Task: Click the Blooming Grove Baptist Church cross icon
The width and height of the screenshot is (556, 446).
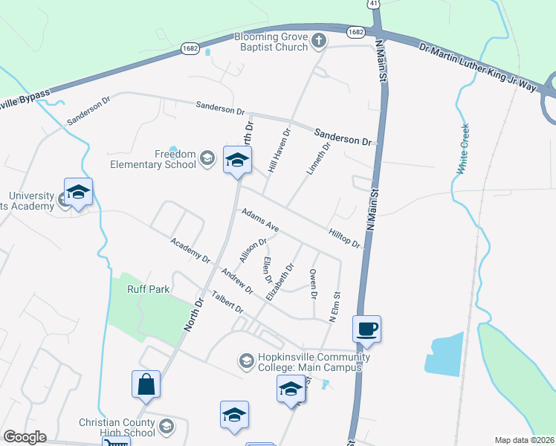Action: click(319, 42)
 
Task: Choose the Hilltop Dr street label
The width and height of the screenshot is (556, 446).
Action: click(344, 238)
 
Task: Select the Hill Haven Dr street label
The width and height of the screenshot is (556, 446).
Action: click(278, 151)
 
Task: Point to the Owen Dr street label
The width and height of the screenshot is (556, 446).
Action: click(314, 285)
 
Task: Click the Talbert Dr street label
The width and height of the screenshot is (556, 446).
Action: click(227, 301)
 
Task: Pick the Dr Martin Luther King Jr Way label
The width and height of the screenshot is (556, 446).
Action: click(477, 68)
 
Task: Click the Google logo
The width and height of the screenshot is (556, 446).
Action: click(24, 437)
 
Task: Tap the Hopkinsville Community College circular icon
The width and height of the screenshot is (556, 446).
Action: click(246, 361)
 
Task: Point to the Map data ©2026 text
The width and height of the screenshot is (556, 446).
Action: click(523, 440)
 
